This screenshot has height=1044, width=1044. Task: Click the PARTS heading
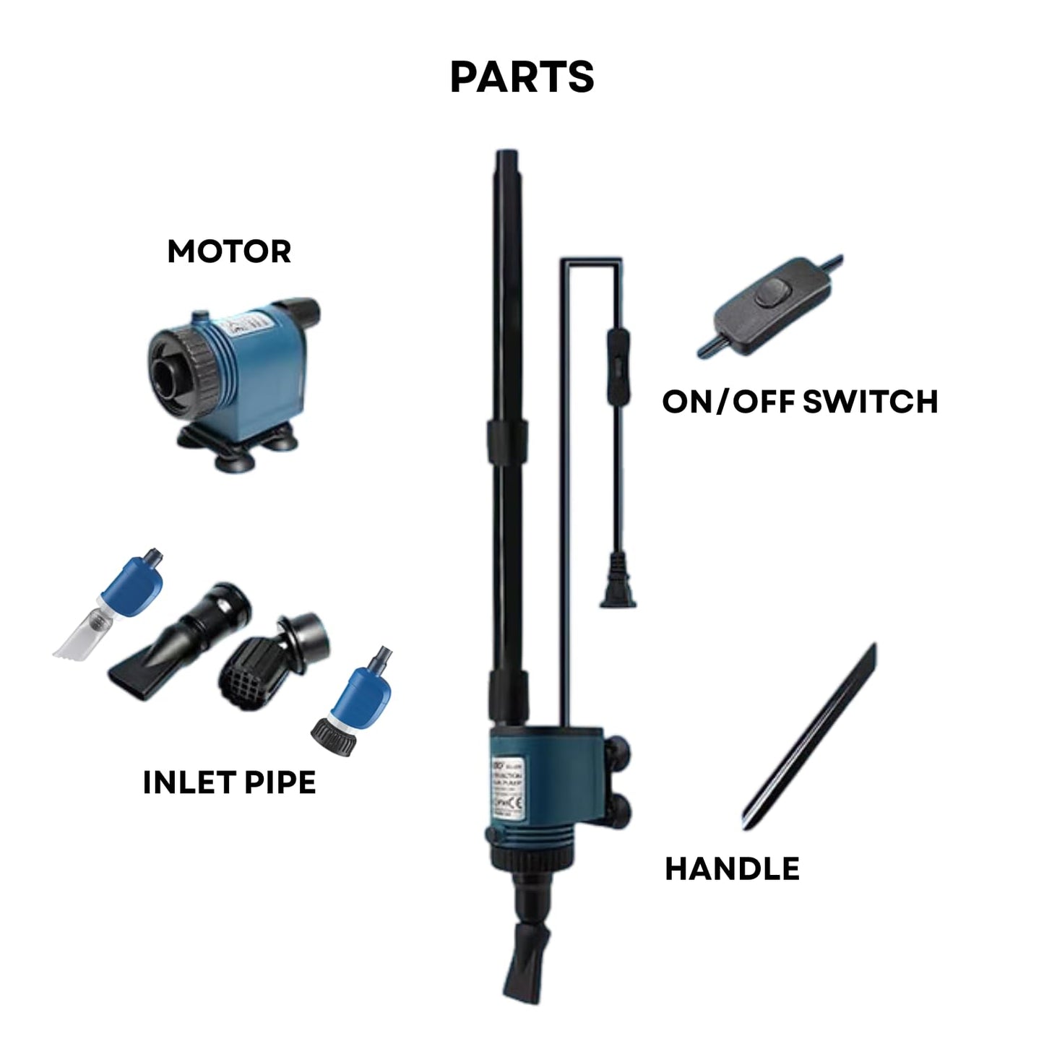point(522,77)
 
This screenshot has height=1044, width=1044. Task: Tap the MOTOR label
point(229,251)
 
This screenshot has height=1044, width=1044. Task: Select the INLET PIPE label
point(229,782)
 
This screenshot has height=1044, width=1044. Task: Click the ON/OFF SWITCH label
point(800,402)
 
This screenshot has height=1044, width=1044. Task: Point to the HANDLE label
point(732,868)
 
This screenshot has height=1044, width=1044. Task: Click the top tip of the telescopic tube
point(505,156)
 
